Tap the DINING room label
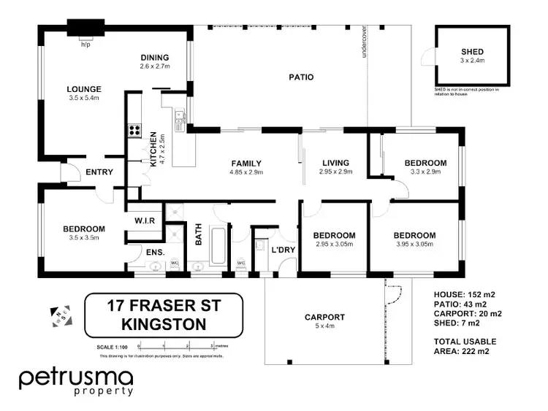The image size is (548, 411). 155,58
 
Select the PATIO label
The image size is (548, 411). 300,77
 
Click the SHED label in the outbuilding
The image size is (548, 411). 472,52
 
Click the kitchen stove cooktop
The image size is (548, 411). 135,131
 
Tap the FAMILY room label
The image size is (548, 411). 246,163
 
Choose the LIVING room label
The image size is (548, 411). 335,163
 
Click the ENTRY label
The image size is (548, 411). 99,172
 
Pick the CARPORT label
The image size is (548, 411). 324,318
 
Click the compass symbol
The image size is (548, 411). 61,316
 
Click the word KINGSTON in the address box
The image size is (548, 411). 153,322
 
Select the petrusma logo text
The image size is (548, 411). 76,379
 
